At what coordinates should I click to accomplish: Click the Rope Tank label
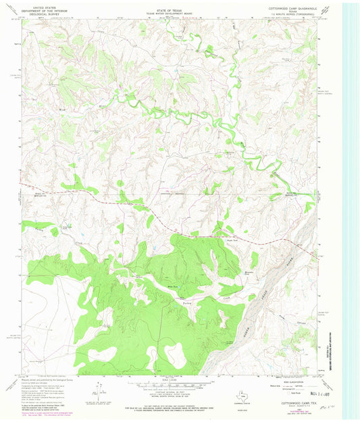pos(232,240)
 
